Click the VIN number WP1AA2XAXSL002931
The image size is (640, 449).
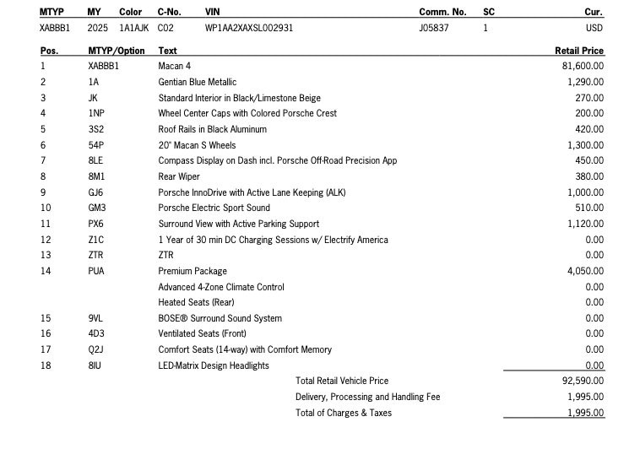[249, 28]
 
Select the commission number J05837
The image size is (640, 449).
[434, 28]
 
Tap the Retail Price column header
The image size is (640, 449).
[579, 51]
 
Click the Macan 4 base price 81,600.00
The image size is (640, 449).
[583, 66]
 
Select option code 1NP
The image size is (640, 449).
[96, 113]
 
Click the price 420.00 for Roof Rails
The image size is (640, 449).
[589, 129]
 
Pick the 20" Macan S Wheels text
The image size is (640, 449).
[197, 145]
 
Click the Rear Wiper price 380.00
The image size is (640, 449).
[589, 176]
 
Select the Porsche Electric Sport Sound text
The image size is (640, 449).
[214, 208]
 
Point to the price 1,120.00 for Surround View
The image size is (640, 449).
[586, 224]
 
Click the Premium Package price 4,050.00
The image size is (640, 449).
[586, 271]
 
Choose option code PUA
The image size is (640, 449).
[96, 271]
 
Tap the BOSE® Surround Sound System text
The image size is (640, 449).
[220, 318]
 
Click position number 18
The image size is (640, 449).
[46, 365]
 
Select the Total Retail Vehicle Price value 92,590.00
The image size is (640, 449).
[583, 381]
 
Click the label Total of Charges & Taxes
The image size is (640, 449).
[344, 413]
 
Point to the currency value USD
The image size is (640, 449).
[594, 28]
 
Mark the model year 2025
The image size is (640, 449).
[98, 28]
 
